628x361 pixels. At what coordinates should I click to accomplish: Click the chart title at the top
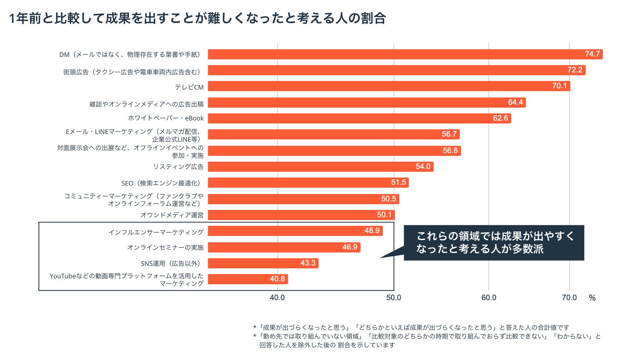coord(197,18)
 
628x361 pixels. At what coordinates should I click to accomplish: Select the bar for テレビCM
coord(389,86)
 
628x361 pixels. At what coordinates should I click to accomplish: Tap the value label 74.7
coord(592,54)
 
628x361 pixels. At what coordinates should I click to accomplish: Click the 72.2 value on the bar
coord(575,70)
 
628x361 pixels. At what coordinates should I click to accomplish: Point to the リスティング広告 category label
coord(178,167)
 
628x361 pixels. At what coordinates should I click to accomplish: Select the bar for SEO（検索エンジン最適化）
coord(308,182)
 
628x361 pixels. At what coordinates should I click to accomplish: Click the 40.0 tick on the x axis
coord(277,298)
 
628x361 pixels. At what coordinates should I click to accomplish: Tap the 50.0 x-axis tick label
coord(394,298)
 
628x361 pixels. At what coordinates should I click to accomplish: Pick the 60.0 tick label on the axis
coord(489,298)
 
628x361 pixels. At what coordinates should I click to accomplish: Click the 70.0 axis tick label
coord(569,298)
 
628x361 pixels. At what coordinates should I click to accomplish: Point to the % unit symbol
coord(592,298)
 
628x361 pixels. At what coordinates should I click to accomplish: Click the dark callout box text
coord(494,243)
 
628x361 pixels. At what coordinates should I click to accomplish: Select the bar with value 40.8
coord(248,279)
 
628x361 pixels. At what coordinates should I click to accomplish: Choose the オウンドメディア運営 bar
coord(301,215)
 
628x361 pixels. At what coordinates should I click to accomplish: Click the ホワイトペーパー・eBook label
coord(166,118)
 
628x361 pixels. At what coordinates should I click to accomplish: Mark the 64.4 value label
coord(515,102)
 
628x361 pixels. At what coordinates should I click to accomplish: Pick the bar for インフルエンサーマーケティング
coord(295,231)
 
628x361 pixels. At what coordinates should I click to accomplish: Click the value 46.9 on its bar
coord(350,247)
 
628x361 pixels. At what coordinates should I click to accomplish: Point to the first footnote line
coord(411,328)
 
